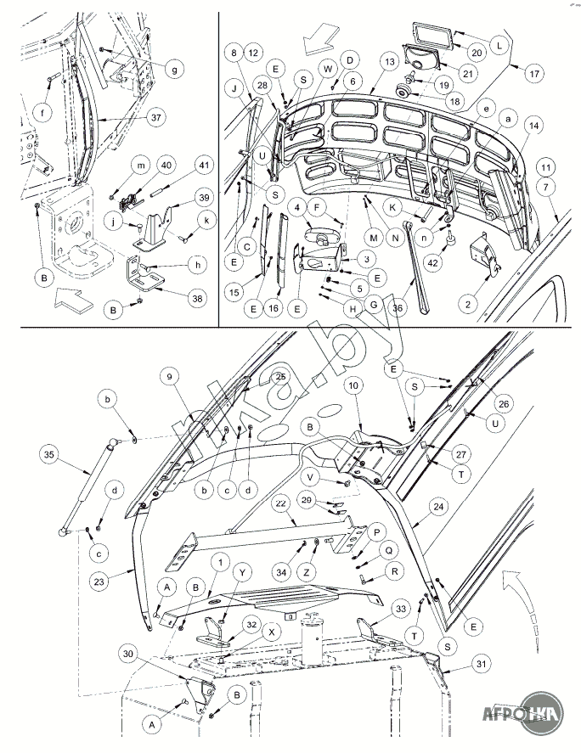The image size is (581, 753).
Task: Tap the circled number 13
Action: click(x=389, y=63)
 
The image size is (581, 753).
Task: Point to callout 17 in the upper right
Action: click(x=534, y=75)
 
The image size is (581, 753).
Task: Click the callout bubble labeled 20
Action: click(x=477, y=53)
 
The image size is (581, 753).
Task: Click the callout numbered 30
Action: click(x=129, y=654)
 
